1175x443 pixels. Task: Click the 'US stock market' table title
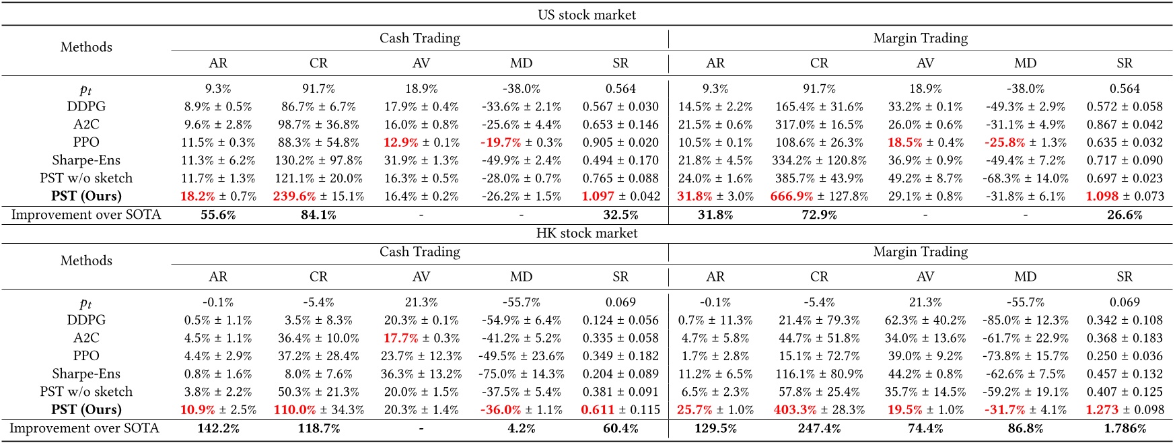click(587, 15)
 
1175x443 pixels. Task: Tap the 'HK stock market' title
click(587, 233)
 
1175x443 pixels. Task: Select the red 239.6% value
click(294, 196)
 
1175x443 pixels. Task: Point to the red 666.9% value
click(791, 196)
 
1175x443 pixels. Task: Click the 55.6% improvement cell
click(218, 215)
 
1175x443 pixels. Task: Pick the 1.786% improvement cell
click(1125, 428)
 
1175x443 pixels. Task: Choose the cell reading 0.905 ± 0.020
click(620, 142)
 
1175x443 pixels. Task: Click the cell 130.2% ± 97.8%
click(318, 160)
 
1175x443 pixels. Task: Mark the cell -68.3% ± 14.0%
click(1025, 178)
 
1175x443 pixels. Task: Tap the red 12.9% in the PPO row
click(400, 142)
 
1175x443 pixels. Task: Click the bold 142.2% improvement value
click(218, 428)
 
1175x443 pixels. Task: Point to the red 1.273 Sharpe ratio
click(1102, 409)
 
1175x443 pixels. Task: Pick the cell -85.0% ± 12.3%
click(1025, 320)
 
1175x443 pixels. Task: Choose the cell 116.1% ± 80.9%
click(819, 374)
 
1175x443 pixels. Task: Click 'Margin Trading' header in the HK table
click(920, 252)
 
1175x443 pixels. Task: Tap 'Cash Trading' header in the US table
click(420, 38)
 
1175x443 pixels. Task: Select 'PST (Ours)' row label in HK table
click(86, 409)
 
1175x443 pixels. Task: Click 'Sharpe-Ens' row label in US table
click(86, 160)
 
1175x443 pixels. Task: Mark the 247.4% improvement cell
click(819, 428)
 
